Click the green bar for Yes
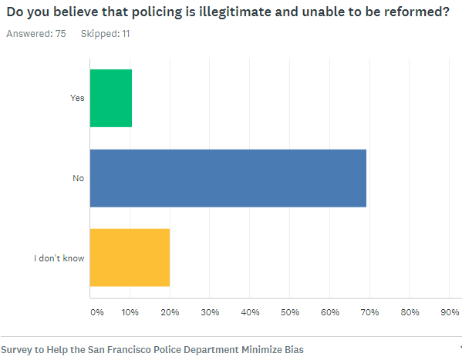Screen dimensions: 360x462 click(111, 98)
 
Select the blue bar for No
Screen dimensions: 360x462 click(228, 178)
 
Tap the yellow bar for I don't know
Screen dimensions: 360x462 click(130, 257)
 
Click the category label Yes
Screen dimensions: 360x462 click(77, 98)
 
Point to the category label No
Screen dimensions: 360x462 click(78, 178)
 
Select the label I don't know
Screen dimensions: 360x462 click(59, 257)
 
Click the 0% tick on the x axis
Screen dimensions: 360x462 click(97, 312)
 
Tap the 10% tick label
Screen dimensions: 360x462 click(130, 312)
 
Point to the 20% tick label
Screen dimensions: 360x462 click(170, 312)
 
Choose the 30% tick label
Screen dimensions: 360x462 click(210, 312)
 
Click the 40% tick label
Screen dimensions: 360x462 click(250, 312)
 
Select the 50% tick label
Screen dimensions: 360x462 click(290, 312)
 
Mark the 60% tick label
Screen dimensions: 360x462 click(330, 312)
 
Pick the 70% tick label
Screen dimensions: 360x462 click(369, 312)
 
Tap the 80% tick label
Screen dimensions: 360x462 click(410, 312)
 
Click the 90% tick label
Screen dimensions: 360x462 click(450, 312)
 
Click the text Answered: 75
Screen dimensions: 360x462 click(35, 34)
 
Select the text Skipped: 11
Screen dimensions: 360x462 click(104, 34)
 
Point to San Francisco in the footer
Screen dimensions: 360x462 click(126, 349)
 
